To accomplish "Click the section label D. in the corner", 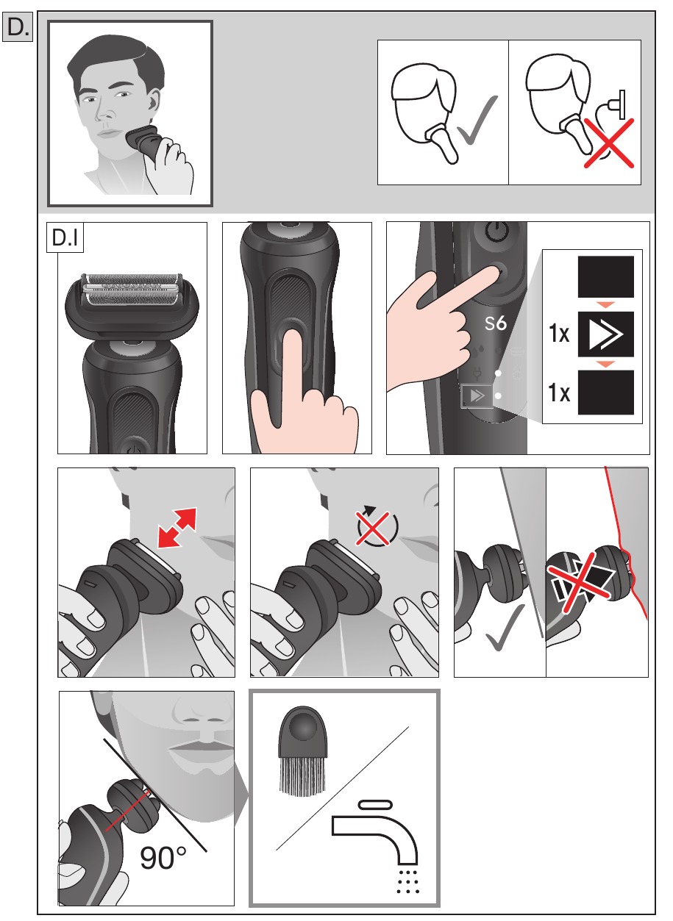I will tap(18, 28).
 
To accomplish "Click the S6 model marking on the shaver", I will tap(495, 323).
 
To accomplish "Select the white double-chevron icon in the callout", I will tap(605, 332).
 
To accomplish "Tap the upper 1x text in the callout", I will tap(560, 334).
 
